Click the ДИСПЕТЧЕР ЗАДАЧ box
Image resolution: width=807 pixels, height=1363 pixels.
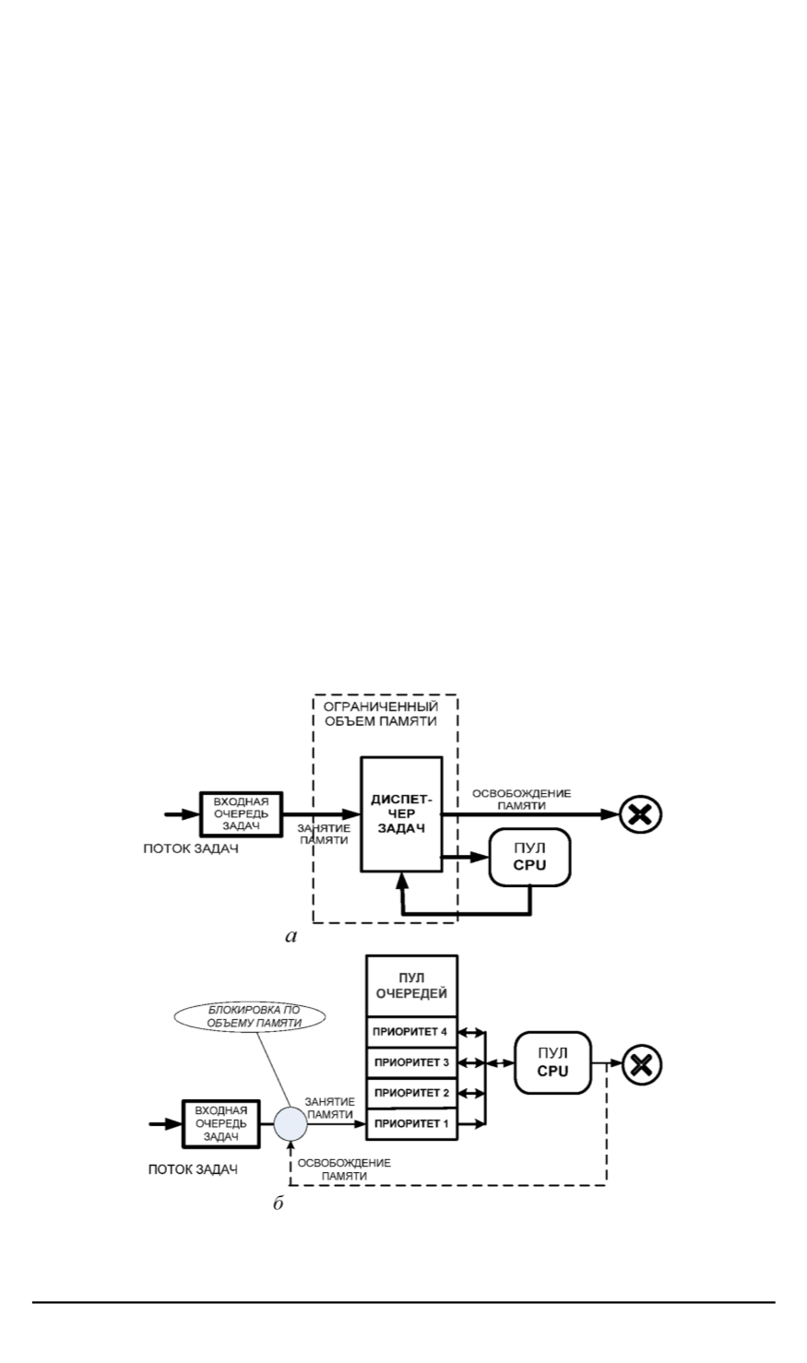(x=400, y=813)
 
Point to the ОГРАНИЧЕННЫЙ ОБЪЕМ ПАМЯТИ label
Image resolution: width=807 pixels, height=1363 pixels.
(x=386, y=714)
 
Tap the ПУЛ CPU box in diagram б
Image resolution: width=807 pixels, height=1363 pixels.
(x=552, y=1064)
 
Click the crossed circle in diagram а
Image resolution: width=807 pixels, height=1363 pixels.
(x=640, y=814)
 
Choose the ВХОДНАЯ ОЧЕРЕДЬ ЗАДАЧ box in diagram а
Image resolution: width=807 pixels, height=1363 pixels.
(x=241, y=813)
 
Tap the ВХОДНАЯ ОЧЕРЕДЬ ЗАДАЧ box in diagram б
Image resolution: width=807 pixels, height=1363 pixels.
(x=221, y=1123)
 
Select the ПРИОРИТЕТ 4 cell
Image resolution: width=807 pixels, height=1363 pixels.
(x=410, y=1031)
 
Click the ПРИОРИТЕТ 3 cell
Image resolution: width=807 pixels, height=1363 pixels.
(x=410, y=1062)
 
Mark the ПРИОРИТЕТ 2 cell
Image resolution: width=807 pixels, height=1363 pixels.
(x=410, y=1093)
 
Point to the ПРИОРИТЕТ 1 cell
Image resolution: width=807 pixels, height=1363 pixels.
(x=410, y=1123)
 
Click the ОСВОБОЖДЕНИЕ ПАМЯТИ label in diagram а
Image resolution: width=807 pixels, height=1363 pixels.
(x=521, y=800)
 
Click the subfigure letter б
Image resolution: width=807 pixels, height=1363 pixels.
(x=278, y=1204)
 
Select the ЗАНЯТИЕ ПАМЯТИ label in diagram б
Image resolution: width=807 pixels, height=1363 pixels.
(x=329, y=1108)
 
